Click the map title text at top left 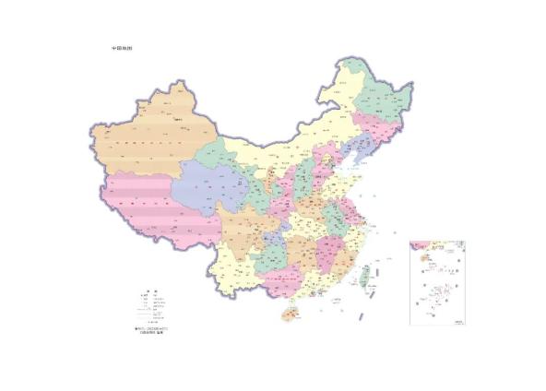pyautogui.click(x=122, y=48)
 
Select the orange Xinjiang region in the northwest pyautogui.click(x=152, y=138)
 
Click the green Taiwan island pyautogui.click(x=364, y=275)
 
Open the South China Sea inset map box pyautogui.click(x=437, y=282)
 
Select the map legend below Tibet pyautogui.click(x=152, y=304)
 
